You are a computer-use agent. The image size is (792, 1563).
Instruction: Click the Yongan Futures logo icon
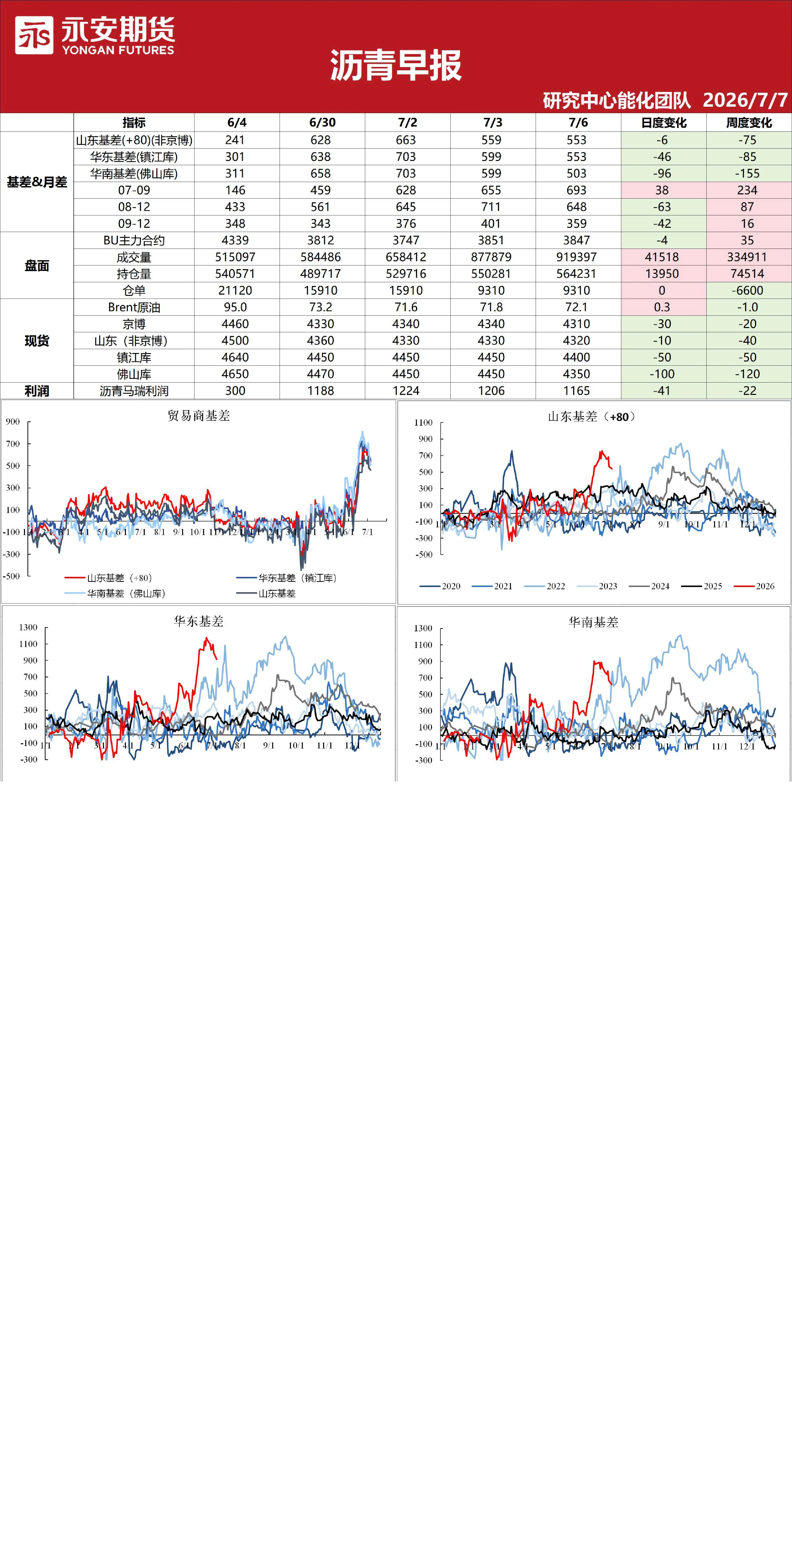[34, 35]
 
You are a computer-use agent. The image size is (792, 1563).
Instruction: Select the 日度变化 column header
[663, 123]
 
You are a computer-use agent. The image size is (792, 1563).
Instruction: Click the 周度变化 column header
[749, 123]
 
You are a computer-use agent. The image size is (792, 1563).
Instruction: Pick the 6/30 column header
[322, 123]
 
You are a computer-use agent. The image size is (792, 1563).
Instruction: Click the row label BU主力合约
[134, 240]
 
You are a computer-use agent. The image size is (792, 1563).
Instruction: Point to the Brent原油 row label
[134, 307]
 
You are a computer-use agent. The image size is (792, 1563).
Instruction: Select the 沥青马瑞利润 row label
[134, 391]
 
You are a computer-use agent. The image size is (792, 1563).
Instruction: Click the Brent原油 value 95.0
[235, 307]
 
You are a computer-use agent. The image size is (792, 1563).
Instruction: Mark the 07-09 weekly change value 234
[748, 190]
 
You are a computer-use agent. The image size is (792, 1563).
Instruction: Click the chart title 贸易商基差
[199, 416]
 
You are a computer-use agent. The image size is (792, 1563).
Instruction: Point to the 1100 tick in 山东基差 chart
[423, 422]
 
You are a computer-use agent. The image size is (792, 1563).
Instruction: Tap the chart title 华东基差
[199, 621]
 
